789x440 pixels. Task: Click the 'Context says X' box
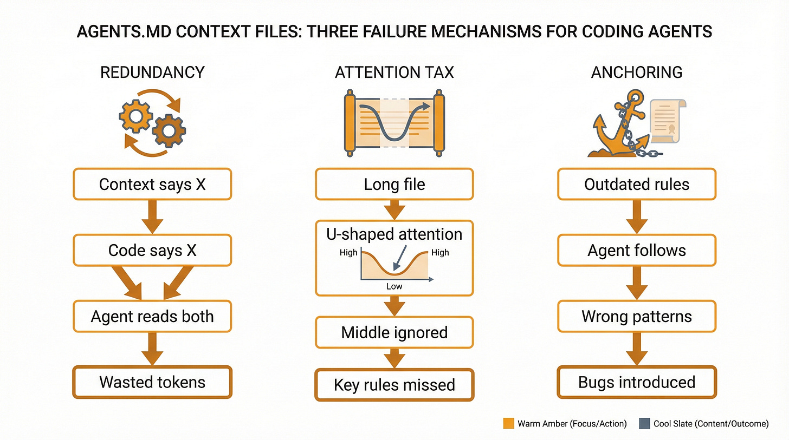152,184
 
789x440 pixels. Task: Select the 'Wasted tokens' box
152,382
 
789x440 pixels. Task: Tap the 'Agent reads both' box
152,316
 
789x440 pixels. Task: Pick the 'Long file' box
394,184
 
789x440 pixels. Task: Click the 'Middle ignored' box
394,332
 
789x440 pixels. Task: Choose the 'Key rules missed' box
394,385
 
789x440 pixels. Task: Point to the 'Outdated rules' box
637,184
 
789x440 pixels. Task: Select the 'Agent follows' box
637,250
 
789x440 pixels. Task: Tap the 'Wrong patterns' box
637,316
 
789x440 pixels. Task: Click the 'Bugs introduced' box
637,382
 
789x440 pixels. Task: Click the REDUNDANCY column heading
152,73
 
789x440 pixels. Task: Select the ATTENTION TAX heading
394,73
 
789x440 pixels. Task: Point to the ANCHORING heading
637,73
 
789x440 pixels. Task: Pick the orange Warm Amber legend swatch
508,424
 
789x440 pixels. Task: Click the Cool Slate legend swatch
644,424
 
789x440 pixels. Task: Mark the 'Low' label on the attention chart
394,286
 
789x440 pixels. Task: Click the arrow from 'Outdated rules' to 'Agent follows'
637,217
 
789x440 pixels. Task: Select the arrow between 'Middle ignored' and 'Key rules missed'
394,358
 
